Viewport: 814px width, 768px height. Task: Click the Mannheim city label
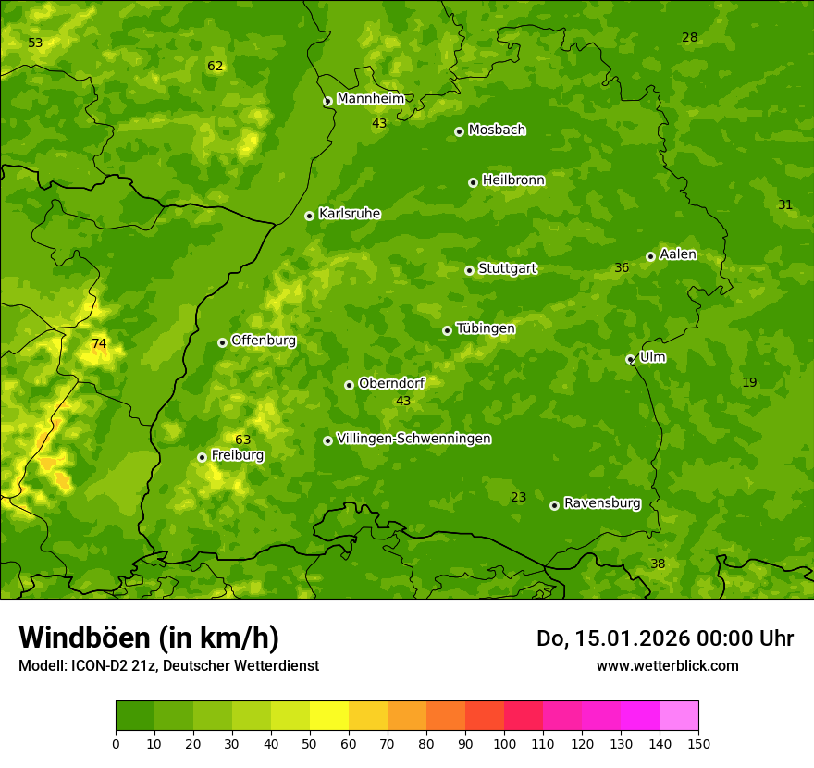(371, 98)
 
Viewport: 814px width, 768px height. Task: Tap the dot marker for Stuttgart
(469, 270)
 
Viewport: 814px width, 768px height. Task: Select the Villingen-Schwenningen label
(413, 439)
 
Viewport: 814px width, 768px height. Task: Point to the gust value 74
(99, 343)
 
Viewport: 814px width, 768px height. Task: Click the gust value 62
(216, 66)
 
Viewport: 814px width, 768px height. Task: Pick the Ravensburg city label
(602, 503)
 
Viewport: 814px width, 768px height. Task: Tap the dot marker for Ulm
(630, 359)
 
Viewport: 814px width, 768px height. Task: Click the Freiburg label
(238, 455)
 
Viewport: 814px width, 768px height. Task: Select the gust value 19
(749, 382)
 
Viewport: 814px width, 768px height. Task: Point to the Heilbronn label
(513, 180)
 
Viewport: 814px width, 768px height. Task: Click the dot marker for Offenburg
(222, 342)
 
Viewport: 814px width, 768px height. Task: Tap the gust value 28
(690, 37)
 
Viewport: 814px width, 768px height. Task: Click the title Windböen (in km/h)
(149, 638)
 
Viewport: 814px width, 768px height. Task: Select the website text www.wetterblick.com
(667, 665)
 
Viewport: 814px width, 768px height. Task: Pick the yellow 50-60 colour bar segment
(329, 716)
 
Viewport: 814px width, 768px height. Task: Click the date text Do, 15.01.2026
(615, 638)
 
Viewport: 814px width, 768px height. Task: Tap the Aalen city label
(678, 254)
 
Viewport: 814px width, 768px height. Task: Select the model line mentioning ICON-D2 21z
(168, 665)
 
